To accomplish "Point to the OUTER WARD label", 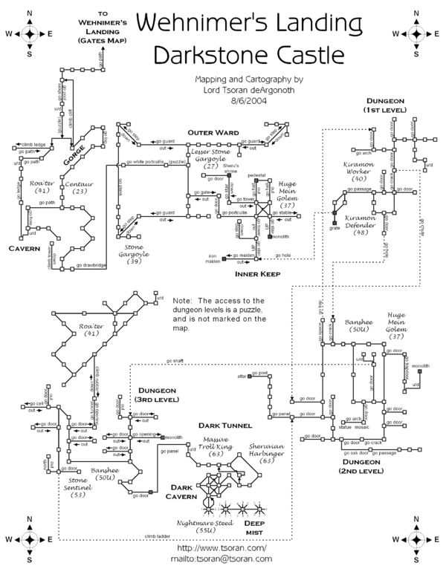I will click(x=213, y=131).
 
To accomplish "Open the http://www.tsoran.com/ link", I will click(x=222, y=551).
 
